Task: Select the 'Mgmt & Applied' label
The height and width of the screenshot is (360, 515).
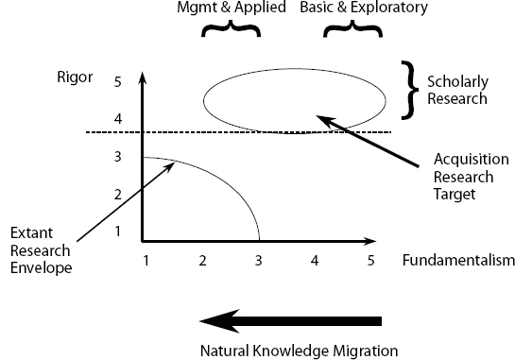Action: (231, 9)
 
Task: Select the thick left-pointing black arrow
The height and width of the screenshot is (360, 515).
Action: (294, 321)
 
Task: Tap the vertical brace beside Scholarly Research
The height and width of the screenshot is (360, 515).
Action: (409, 90)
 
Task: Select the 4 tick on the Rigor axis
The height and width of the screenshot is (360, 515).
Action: (118, 120)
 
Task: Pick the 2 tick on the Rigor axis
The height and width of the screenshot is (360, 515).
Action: (118, 195)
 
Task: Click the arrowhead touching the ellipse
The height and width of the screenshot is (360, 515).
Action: (321, 119)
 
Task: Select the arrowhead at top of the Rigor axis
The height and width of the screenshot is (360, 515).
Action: (142, 75)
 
